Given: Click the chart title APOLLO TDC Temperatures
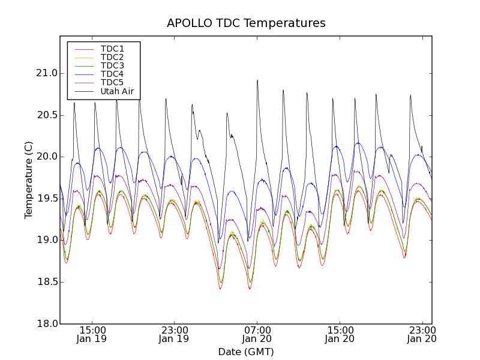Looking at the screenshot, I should pyautogui.click(x=246, y=23).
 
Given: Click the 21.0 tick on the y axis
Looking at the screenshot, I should pyautogui.click(x=46, y=73).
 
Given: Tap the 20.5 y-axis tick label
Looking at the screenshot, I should pyautogui.click(x=46, y=115).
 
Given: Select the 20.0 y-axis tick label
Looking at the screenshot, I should pyautogui.click(x=46, y=157).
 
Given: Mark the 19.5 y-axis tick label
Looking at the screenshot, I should pyautogui.click(x=46, y=199).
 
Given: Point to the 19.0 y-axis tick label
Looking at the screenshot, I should pyautogui.click(x=46, y=240).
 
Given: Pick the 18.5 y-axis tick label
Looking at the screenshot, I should pyautogui.click(x=46, y=282).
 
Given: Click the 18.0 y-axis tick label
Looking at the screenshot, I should pyautogui.click(x=46, y=324).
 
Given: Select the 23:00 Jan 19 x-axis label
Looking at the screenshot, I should pyautogui.click(x=174, y=334).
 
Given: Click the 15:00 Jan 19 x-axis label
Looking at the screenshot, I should pyautogui.click(x=92, y=334).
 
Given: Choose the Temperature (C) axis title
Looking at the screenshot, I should pyautogui.click(x=29, y=180).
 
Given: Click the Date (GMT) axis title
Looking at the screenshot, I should pyautogui.click(x=245, y=352).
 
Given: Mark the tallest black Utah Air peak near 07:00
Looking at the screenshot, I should pyautogui.click(x=257, y=80).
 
